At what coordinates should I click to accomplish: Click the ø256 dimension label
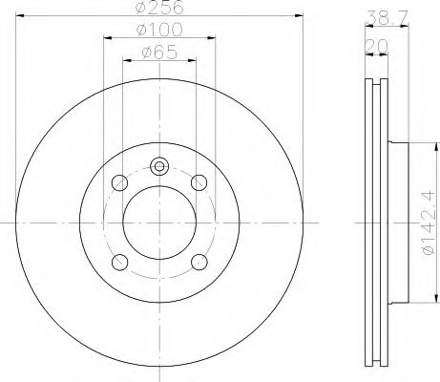click(x=159, y=7)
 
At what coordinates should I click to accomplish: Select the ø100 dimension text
click(x=159, y=30)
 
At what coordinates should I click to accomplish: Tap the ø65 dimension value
click(x=159, y=52)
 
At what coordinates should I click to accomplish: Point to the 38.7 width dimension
click(x=387, y=18)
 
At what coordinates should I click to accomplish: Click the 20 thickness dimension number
click(x=376, y=47)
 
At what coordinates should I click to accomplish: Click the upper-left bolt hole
click(x=120, y=183)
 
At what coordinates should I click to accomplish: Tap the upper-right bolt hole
click(x=199, y=182)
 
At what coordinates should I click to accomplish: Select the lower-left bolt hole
click(x=120, y=263)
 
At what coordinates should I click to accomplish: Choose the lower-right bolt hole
click(x=199, y=262)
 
